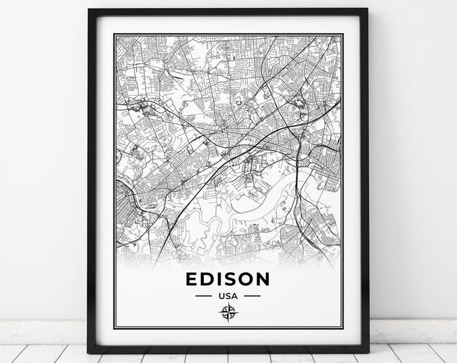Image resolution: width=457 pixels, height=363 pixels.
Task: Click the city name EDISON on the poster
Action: point(228,278)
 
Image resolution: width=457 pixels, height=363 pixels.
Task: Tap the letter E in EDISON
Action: point(193,278)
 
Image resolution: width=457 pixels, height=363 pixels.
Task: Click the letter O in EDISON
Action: point(245,278)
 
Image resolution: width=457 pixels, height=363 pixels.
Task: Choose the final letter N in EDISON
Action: point(262,278)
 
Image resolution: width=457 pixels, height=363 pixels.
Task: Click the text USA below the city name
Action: point(228,295)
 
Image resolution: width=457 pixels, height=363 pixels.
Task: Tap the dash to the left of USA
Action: point(204,295)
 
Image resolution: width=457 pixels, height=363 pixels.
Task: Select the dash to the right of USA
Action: point(252,295)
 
